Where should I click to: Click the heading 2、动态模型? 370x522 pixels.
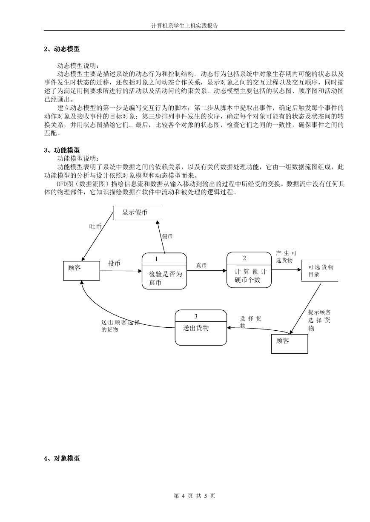62,49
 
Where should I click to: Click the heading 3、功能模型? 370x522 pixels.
62,150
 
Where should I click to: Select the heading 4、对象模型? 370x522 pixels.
62,458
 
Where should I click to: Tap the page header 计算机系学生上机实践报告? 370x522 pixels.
185,26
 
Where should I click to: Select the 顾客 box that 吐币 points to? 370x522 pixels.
81,270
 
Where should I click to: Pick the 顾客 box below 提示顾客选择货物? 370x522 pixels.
290,344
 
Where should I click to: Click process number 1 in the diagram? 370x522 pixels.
156,259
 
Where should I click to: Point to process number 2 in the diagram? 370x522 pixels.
244,258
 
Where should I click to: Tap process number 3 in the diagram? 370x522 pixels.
196,316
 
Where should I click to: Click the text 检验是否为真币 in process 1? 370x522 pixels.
166,278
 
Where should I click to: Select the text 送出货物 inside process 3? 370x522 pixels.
195,328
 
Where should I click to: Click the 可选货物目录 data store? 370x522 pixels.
321,270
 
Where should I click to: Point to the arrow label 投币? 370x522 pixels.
114,263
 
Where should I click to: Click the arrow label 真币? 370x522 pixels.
201,265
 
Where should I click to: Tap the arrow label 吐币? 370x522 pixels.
95,226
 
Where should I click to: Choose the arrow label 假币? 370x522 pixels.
167,236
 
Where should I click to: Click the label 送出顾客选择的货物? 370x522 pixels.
120,326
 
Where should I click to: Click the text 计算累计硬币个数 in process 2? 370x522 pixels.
250,276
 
